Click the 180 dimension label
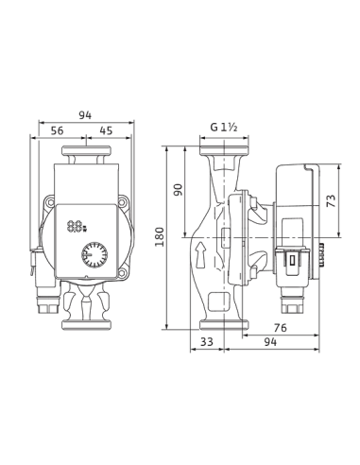pyautogui.click(x=160, y=236)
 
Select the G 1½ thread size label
pyautogui.click(x=224, y=128)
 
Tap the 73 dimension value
pyautogui.click(x=331, y=200)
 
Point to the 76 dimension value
pyautogui.click(x=280, y=328)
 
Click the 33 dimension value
pyautogui.click(x=207, y=341)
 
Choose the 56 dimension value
pyautogui.click(x=57, y=130)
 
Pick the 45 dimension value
pyautogui.click(x=106, y=130)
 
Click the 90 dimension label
pyautogui.click(x=179, y=189)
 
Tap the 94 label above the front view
pyautogui.click(x=85, y=115)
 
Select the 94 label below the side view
pyautogui.click(x=270, y=341)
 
